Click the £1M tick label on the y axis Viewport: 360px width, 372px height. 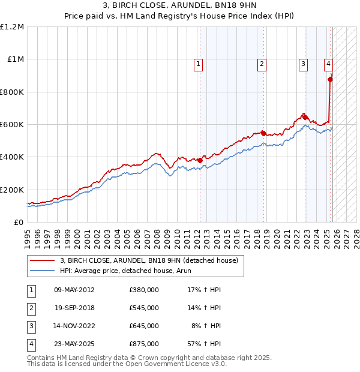(x=16, y=59)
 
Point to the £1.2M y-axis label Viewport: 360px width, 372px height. (x=13, y=27)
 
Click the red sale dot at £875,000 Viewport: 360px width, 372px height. (x=330, y=79)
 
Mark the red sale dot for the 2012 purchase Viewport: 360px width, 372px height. (x=200, y=160)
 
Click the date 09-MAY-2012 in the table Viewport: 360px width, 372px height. (x=74, y=290)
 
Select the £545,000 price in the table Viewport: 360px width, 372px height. (x=144, y=308)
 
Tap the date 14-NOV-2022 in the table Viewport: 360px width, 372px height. (x=74, y=326)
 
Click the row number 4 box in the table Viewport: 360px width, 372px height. (x=30, y=344)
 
